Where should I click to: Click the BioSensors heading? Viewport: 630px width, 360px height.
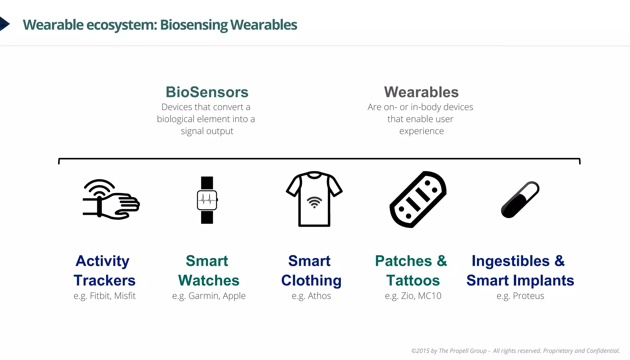click(x=207, y=92)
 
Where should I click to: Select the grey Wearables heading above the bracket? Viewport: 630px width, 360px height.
click(x=421, y=92)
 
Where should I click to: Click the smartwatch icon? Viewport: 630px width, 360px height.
click(x=207, y=200)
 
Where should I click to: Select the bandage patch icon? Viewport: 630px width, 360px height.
click(x=418, y=199)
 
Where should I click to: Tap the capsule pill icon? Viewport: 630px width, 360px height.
click(x=520, y=200)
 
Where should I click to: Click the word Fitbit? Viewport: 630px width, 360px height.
click(x=100, y=296)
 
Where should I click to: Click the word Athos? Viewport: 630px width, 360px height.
click(x=319, y=296)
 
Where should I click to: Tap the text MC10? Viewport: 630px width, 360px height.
click(x=430, y=296)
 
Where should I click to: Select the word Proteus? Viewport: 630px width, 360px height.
click(x=528, y=296)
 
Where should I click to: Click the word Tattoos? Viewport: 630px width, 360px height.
click(x=413, y=280)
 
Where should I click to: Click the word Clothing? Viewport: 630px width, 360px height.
click(x=311, y=280)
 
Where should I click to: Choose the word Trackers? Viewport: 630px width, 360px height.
click(x=105, y=280)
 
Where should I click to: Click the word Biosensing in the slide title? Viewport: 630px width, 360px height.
click(x=194, y=25)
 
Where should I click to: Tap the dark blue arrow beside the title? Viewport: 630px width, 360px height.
click(x=4, y=24)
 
